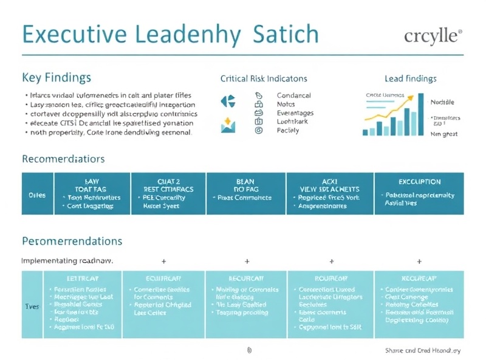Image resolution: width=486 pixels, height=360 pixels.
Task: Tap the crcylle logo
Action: [433, 35]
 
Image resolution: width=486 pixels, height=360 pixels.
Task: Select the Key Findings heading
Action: [56, 78]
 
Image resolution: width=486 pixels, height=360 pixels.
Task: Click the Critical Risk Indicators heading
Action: [263, 78]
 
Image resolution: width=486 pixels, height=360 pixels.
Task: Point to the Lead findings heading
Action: [410, 78]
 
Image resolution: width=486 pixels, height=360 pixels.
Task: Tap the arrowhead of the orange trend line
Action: [420, 95]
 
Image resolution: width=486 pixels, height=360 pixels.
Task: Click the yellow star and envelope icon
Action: [228, 124]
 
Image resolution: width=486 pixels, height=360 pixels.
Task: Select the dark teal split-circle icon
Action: [228, 101]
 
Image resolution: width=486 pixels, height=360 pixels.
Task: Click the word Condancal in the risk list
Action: [293, 95]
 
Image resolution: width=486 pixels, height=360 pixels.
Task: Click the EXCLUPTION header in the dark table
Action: [419, 182]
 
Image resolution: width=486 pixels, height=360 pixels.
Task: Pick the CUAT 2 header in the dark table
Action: [168, 181]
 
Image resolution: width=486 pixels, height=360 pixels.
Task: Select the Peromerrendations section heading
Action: [72, 241]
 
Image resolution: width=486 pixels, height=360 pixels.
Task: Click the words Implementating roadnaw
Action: [67, 260]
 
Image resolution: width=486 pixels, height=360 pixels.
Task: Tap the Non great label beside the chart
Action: [445, 133]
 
